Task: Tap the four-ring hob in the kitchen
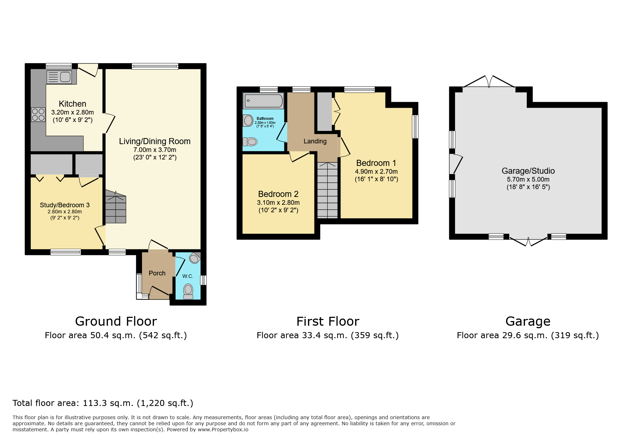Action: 38,115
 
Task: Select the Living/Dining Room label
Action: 155,141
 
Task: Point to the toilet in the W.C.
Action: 188,291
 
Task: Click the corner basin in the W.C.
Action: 195,258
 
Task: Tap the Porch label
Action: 157,273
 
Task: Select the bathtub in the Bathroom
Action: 263,101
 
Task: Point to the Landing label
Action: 315,141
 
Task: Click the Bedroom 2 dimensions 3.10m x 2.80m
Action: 278,203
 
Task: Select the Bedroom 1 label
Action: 376,163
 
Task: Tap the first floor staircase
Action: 327,191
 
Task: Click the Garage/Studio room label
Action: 528,171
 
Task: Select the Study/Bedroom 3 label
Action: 65,205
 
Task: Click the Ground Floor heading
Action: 116,321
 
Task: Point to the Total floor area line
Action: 103,403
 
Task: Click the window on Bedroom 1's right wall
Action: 415,126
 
